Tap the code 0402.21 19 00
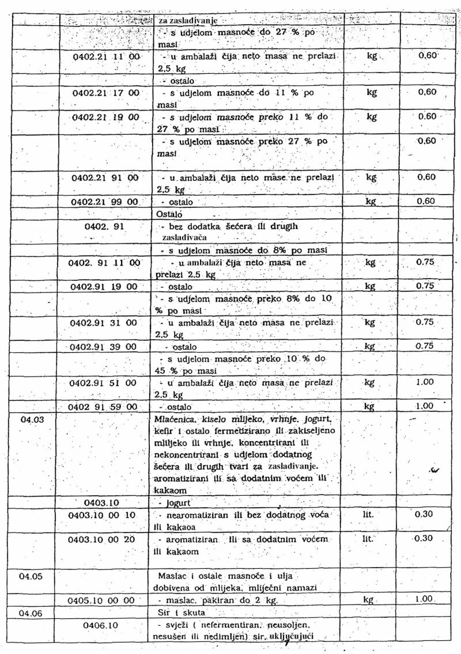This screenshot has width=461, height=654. tap(105, 117)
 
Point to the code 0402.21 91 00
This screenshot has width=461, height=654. tap(105, 177)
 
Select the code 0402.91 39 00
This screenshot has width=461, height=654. tap(104, 347)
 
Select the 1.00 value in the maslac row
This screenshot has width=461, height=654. tap(424, 599)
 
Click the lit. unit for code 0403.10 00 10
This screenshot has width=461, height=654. tap(369, 514)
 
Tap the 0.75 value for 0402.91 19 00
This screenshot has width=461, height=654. tap(424, 286)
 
